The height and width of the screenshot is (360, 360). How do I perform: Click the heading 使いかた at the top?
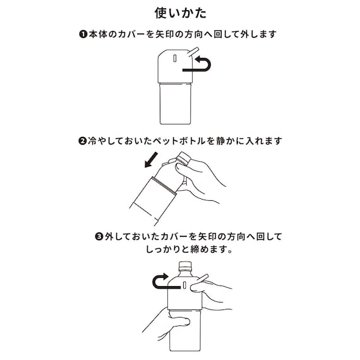(179, 13)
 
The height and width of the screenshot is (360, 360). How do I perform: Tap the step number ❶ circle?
(83, 34)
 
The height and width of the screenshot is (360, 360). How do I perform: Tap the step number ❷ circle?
(82, 141)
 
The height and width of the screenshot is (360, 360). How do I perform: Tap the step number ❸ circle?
(99, 237)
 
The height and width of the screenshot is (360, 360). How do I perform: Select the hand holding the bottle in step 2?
(205, 180)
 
